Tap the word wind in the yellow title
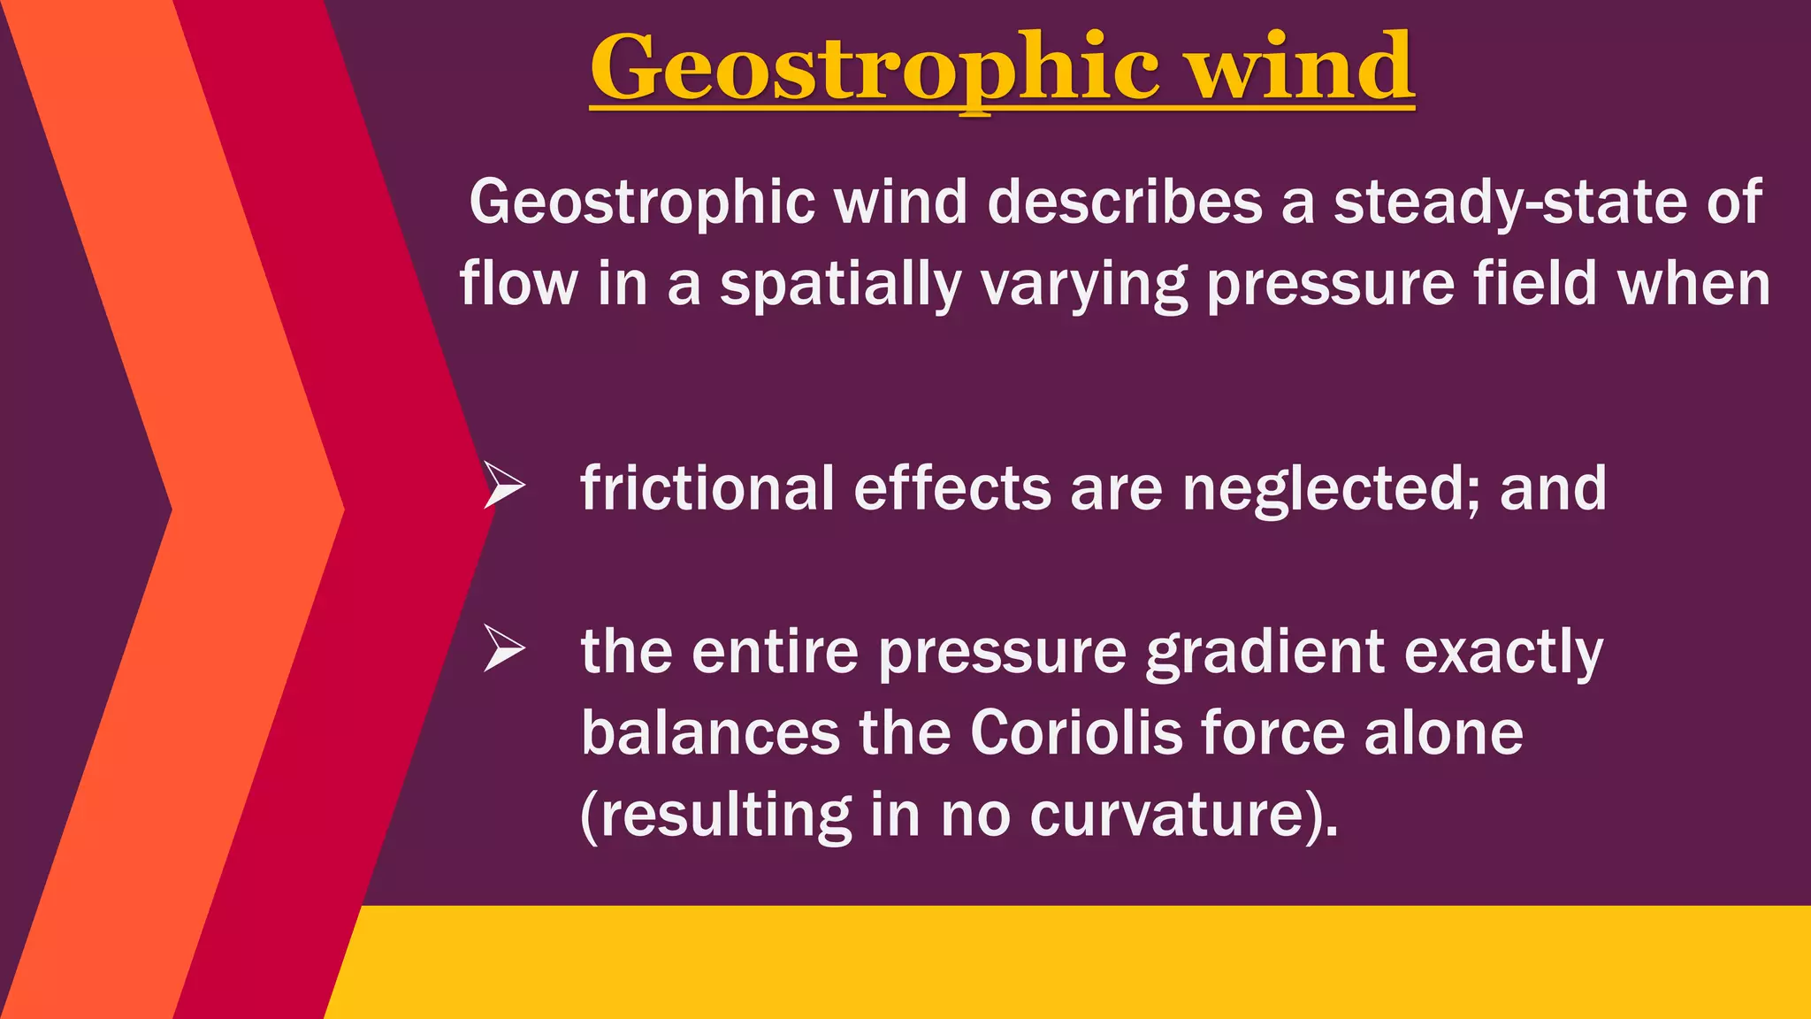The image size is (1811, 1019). [1301, 67]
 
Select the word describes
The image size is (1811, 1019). [1124, 203]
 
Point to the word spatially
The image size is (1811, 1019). [840, 285]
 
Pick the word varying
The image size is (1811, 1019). [1083, 285]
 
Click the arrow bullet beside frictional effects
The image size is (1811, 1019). [504, 486]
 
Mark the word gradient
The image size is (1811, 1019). [1265, 653]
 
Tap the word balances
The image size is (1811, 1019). [710, 733]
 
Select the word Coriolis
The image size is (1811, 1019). [1075, 733]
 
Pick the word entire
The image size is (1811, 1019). [775, 651]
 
